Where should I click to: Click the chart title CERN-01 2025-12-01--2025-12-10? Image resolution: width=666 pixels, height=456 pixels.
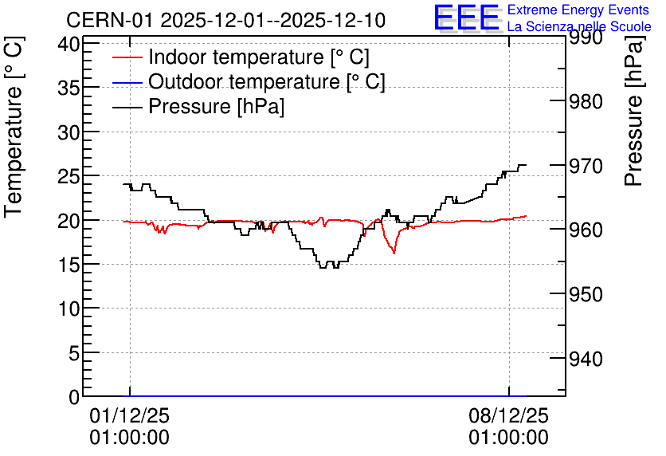(x=225, y=21)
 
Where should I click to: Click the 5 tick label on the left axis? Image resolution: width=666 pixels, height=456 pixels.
(x=74, y=353)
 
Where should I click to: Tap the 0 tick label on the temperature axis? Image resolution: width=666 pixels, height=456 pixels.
(x=74, y=397)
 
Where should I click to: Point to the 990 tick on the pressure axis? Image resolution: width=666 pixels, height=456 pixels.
(x=586, y=37)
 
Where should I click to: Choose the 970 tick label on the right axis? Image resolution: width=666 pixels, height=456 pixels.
(x=586, y=166)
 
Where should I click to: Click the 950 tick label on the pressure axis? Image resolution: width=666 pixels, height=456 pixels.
(x=586, y=294)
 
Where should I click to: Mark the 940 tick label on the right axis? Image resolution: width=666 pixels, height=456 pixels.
(x=586, y=359)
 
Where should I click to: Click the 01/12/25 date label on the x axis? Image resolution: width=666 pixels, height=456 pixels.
(x=130, y=415)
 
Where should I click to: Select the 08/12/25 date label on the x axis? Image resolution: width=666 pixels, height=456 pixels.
(x=509, y=415)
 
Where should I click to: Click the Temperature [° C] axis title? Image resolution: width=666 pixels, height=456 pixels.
(x=14, y=128)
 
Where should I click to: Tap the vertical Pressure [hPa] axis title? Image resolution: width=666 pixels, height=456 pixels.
(x=633, y=111)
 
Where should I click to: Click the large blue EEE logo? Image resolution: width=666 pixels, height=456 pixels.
(x=466, y=18)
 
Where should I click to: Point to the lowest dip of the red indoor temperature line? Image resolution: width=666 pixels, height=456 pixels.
(x=394, y=254)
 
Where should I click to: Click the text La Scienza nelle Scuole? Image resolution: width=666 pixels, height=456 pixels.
(x=579, y=27)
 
